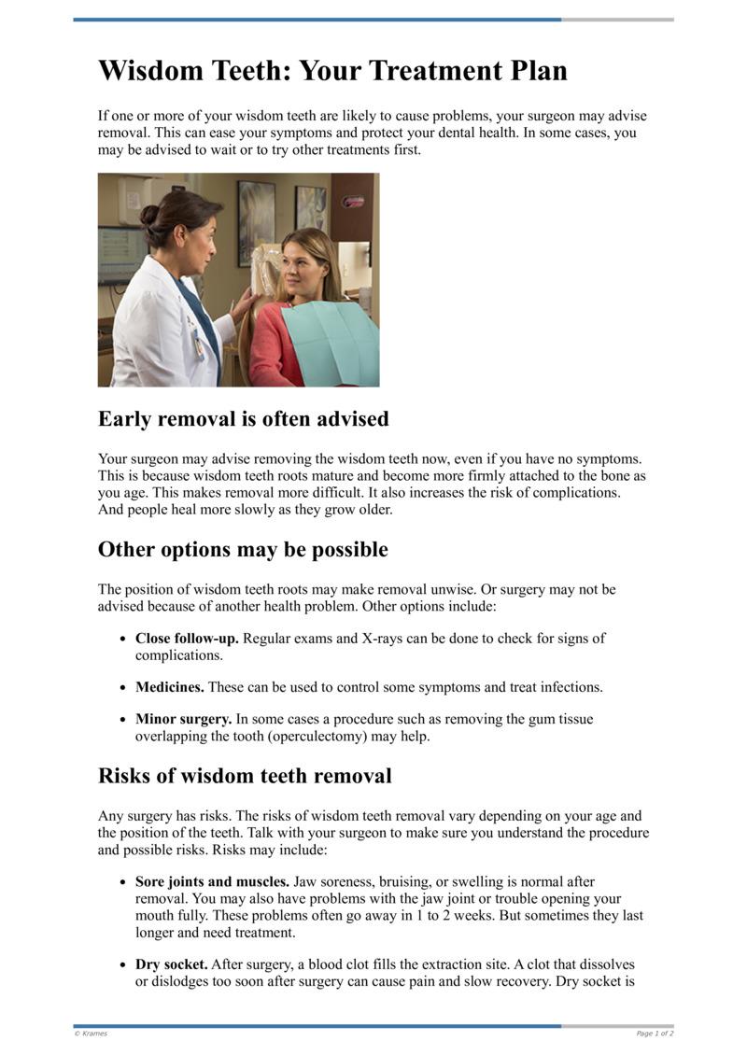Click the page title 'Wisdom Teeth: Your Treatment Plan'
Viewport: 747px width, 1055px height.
[x=332, y=71]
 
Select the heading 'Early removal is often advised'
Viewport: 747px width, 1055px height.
[x=243, y=419]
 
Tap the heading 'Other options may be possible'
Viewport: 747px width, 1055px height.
[x=243, y=550]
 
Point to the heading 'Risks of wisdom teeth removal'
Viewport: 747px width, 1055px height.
[x=245, y=776]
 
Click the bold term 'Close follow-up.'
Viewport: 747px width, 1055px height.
[x=187, y=639]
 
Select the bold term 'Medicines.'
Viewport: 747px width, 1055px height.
[x=170, y=687]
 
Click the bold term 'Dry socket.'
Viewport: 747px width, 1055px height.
[x=172, y=964]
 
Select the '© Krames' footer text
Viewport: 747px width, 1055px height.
[x=91, y=1034]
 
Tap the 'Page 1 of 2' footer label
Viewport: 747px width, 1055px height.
[x=655, y=1034]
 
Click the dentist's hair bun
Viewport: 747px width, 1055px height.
[x=149, y=215]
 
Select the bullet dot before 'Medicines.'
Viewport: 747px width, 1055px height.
[x=124, y=688]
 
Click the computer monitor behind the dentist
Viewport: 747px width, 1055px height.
[x=119, y=252]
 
